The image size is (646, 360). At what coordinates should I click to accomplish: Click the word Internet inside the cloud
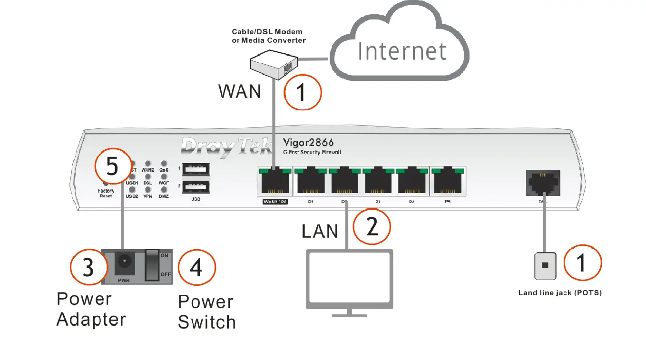402,51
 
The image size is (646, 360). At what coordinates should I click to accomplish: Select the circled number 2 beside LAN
372,227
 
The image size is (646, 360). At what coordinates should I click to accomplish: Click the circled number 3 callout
88,268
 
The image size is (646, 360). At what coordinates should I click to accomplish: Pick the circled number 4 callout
196,268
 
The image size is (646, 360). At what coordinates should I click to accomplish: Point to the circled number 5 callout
112,167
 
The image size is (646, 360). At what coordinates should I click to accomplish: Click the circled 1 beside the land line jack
583,263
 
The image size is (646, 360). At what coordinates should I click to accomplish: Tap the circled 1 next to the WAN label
303,92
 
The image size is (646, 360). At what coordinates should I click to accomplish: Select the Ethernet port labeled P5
447,182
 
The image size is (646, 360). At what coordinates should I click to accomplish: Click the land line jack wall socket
545,265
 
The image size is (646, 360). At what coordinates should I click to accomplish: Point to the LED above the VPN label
148,190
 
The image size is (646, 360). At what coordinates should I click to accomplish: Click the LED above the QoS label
164,163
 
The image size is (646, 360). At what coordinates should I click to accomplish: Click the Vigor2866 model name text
308,142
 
